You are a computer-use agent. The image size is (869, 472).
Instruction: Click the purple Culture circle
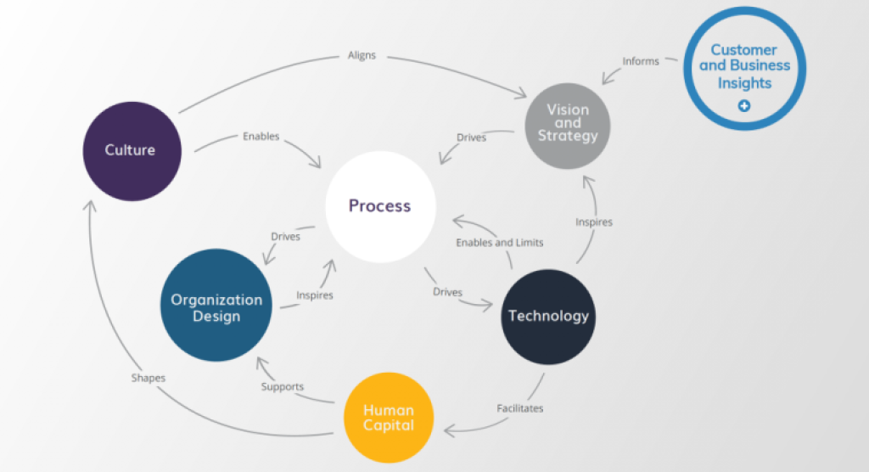(132, 150)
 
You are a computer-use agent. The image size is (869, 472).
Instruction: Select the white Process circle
(380, 206)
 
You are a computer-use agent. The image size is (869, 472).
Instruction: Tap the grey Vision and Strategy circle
(568, 124)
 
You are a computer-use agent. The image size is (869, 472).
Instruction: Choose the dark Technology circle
(547, 316)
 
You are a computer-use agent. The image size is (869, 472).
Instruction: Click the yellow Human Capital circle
(389, 417)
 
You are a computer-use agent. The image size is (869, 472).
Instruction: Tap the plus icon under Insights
(744, 106)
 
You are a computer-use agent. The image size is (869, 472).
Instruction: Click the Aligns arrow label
(362, 56)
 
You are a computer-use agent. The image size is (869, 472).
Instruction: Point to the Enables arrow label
(261, 136)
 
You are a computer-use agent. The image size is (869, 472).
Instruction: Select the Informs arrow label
(641, 61)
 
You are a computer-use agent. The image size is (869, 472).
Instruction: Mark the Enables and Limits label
(499, 243)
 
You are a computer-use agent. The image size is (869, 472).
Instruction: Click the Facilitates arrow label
(519, 408)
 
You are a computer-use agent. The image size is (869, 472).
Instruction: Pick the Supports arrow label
(283, 387)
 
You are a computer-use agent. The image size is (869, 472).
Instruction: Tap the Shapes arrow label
(149, 379)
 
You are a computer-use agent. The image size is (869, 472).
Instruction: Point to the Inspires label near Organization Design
(314, 295)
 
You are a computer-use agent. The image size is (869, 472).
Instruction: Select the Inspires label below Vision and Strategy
(594, 222)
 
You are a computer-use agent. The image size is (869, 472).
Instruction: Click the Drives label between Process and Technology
(447, 292)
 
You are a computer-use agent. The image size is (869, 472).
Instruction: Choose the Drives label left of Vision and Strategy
(471, 138)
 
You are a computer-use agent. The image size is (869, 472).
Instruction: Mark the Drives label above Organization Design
(285, 237)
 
